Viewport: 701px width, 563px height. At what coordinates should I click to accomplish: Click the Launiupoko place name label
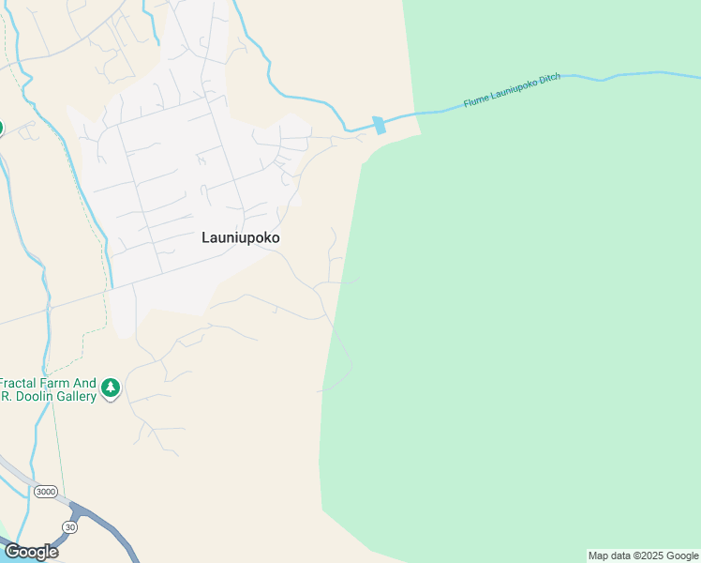click(241, 238)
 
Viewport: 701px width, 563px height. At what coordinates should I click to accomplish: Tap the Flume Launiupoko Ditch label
click(512, 91)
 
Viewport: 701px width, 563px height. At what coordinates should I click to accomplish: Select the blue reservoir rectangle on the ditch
click(379, 125)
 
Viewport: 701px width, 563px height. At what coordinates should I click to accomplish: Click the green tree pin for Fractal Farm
click(111, 388)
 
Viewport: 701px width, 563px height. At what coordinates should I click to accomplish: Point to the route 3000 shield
click(44, 492)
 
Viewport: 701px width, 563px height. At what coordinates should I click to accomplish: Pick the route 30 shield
click(68, 527)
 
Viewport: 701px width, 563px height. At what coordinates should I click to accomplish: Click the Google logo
click(31, 552)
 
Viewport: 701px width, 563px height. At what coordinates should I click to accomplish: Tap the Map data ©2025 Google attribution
click(643, 555)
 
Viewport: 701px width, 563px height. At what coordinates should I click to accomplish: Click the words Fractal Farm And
click(48, 383)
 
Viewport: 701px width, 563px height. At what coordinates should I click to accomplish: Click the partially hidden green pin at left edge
click(1, 128)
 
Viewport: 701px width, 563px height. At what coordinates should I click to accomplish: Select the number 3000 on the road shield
click(44, 492)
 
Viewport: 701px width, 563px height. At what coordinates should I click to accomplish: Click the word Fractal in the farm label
click(20, 383)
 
